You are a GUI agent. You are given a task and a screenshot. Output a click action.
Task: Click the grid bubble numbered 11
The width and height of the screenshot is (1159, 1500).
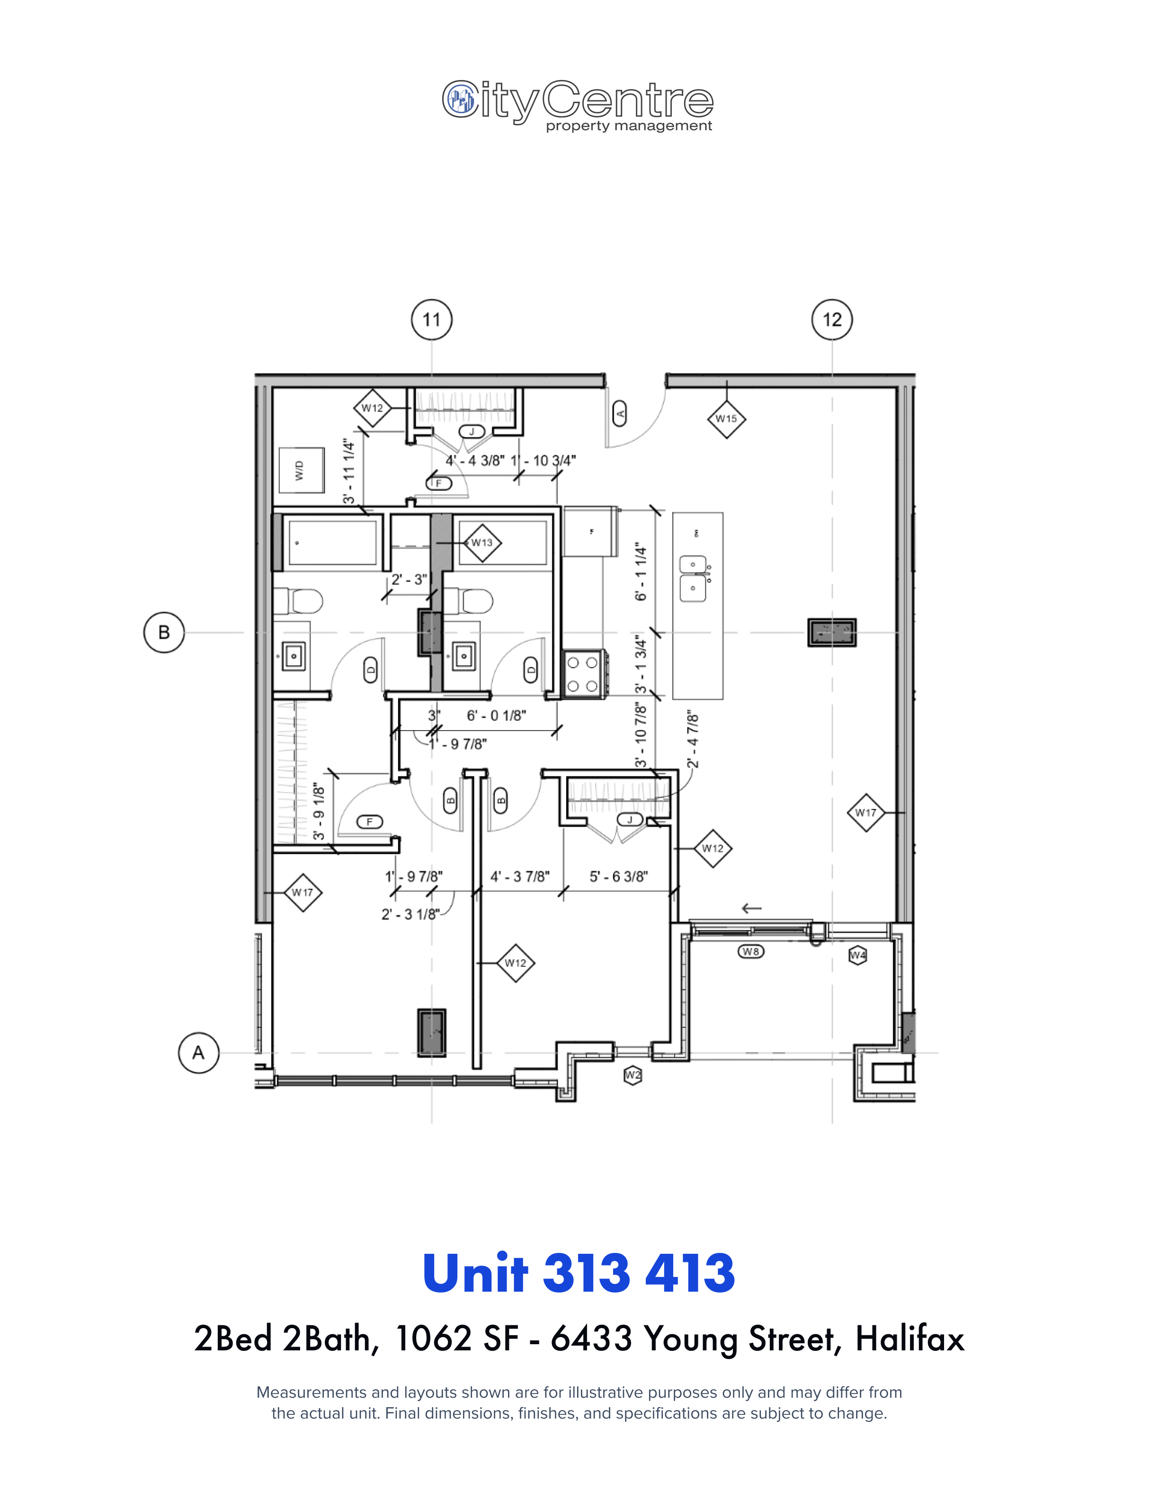pyautogui.click(x=431, y=320)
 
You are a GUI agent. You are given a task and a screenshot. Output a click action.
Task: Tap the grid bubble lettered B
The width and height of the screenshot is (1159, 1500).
pyautogui.click(x=164, y=632)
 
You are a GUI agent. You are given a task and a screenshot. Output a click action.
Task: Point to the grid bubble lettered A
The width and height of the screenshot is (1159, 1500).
pyautogui.click(x=198, y=1052)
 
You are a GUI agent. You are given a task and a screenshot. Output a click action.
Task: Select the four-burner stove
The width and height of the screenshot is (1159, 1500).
pyautogui.click(x=584, y=674)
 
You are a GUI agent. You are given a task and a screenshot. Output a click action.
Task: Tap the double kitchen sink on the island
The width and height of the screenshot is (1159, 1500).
pyautogui.click(x=694, y=578)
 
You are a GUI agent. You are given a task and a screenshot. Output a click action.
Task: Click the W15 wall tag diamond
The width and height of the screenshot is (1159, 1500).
pyautogui.click(x=726, y=418)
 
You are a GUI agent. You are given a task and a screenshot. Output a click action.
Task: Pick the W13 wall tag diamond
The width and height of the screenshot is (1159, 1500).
pyautogui.click(x=482, y=543)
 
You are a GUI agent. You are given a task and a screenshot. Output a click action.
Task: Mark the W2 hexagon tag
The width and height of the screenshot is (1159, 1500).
pyautogui.click(x=633, y=1076)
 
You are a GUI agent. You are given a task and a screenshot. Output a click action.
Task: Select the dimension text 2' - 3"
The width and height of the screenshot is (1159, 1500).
pyautogui.click(x=409, y=580)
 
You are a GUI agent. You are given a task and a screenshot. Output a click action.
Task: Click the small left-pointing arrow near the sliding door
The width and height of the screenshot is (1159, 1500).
pyautogui.click(x=752, y=909)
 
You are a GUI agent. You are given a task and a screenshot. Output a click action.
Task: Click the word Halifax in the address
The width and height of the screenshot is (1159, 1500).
pyautogui.click(x=910, y=1339)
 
